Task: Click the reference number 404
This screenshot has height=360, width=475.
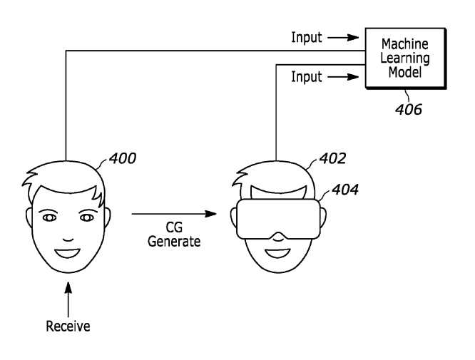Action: point(344,190)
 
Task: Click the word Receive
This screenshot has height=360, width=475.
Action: point(69,328)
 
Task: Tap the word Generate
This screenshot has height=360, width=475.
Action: point(174,241)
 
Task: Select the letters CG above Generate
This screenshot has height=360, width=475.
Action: point(174,227)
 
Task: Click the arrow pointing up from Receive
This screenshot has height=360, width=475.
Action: point(69,300)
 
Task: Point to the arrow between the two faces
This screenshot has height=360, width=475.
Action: point(175,213)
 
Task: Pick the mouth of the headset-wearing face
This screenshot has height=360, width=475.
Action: point(275,250)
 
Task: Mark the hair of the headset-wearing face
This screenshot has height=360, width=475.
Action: point(275,175)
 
